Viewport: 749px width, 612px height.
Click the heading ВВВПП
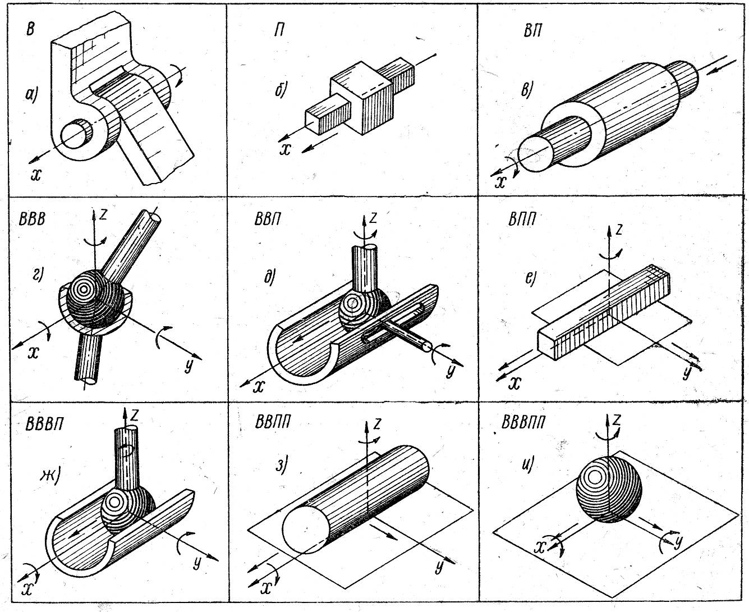[x=527, y=421]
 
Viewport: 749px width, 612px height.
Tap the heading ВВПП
[x=273, y=422]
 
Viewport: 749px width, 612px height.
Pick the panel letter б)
[x=282, y=90]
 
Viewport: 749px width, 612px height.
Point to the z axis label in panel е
[x=618, y=229]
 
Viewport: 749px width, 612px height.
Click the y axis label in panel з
[x=439, y=567]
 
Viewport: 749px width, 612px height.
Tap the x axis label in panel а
[x=36, y=175]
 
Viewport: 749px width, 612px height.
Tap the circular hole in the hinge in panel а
[x=76, y=134]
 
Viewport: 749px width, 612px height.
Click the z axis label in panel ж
[x=135, y=415]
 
